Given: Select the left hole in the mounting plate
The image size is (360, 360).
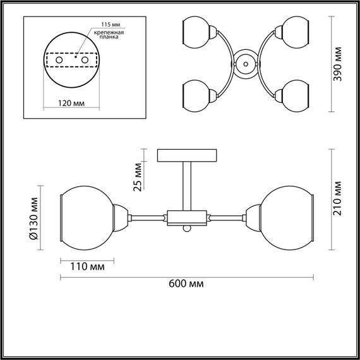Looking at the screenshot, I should (60, 59).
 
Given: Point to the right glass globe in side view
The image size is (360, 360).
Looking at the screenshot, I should (287, 217).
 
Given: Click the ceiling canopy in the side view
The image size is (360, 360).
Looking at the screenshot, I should (187, 155).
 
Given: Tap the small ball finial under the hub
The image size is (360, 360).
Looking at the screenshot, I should (187, 229).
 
